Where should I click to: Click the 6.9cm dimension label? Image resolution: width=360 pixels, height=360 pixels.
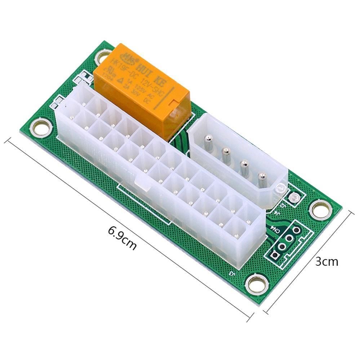tap(123, 238)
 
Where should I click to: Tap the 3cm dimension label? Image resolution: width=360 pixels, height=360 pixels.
tap(327, 261)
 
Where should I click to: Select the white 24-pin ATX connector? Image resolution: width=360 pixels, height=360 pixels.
tap(159, 173)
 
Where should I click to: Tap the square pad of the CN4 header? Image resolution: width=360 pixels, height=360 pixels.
tap(275, 255)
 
